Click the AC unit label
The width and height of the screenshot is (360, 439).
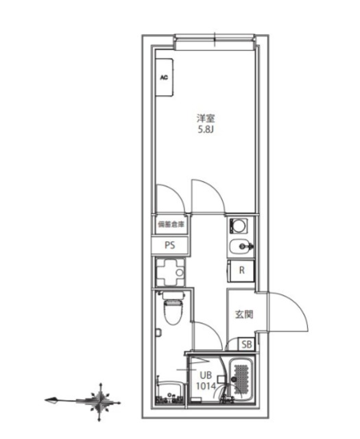pyautogui.click(x=164, y=78)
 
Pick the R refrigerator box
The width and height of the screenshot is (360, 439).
pyautogui.click(x=241, y=270)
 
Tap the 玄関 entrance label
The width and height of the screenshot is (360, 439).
pyautogui.click(x=244, y=315)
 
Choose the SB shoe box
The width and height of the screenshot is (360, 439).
pyautogui.click(x=246, y=345)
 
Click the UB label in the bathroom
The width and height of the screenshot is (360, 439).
pyautogui.click(x=206, y=375)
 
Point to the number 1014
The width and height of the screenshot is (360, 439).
pyautogui.click(x=206, y=385)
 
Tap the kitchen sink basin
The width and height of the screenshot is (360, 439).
pyautogui.click(x=239, y=248)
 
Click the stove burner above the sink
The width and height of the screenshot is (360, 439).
pyautogui.click(x=239, y=226)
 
